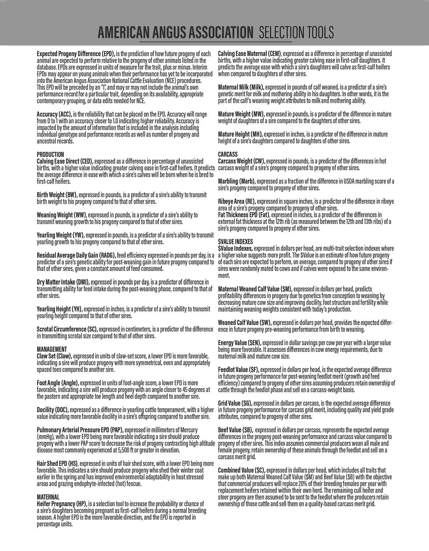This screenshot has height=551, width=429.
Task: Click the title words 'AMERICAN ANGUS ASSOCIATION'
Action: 175,33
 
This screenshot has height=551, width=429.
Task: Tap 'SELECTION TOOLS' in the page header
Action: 296,33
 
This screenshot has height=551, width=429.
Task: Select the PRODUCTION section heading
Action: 50,154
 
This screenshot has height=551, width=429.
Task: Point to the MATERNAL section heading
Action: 48,497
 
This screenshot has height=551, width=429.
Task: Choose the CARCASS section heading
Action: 228,154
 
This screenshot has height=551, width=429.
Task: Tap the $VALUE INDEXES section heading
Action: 235,242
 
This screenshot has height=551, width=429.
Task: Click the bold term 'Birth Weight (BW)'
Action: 57,195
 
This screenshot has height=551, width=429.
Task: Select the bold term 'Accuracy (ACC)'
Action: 54,114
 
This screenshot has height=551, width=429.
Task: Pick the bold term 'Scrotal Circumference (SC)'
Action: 67,329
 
